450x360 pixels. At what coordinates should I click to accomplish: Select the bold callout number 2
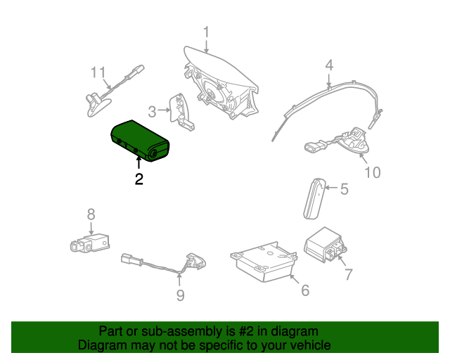point(139,179)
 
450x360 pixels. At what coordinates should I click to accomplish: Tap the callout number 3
point(152,111)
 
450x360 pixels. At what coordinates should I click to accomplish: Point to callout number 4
point(329,65)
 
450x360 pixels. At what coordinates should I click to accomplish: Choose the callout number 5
point(345,189)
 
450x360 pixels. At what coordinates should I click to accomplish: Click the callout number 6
point(305,290)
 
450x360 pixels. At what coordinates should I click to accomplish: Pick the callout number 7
point(349,274)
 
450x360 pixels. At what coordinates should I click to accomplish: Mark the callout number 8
point(91,214)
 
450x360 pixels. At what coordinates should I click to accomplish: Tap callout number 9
point(180,295)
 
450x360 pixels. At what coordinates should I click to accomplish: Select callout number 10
point(373,172)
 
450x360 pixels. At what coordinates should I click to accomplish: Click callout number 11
point(98,72)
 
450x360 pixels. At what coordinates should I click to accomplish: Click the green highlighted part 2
point(140,141)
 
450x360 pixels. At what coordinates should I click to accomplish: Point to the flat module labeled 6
point(264,262)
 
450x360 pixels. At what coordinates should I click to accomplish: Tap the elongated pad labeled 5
point(315,199)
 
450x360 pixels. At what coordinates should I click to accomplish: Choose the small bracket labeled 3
point(181,112)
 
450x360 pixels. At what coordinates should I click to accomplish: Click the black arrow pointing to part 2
point(139,162)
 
